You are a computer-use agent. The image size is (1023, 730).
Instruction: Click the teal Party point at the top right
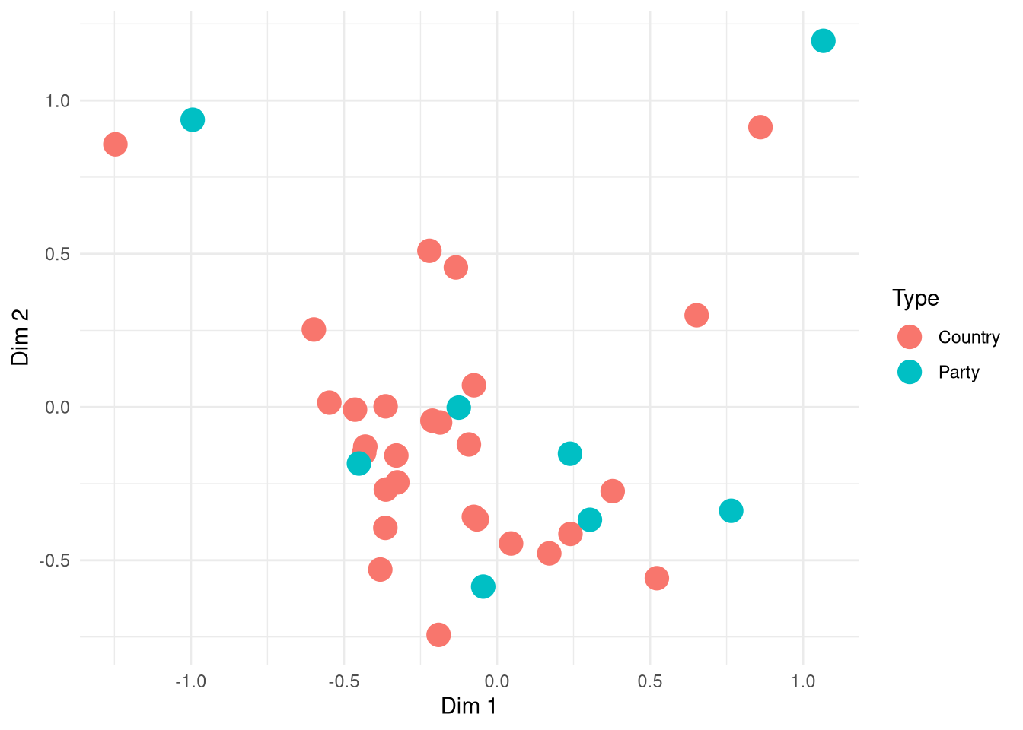[x=823, y=40]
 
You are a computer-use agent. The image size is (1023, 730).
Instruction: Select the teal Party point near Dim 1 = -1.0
[x=193, y=119]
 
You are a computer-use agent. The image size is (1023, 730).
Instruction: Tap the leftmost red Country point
[x=115, y=144]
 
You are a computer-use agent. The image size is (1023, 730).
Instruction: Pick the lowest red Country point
[x=438, y=634]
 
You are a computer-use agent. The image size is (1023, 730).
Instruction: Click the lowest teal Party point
[x=483, y=586]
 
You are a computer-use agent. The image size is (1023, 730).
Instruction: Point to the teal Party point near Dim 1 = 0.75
[x=731, y=511]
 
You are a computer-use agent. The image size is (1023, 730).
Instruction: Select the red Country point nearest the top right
[x=760, y=127]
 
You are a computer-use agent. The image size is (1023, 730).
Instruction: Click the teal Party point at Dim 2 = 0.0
[x=458, y=408]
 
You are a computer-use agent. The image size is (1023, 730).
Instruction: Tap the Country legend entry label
[x=968, y=337]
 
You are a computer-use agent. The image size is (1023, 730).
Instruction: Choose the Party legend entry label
[x=958, y=372]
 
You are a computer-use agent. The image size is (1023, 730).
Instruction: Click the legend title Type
[x=915, y=298]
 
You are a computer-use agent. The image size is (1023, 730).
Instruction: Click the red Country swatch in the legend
[x=910, y=337]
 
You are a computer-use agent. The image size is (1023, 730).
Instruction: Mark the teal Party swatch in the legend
[x=910, y=372]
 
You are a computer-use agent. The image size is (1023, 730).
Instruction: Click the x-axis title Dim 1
[x=468, y=706]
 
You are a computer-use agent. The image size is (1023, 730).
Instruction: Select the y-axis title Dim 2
[x=21, y=337]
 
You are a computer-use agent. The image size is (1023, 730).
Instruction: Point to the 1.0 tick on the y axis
[x=57, y=101]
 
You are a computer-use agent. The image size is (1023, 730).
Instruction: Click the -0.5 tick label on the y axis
[x=54, y=560]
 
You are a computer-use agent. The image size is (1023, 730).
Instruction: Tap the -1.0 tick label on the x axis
[x=190, y=681]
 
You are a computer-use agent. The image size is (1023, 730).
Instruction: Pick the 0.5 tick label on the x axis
[x=649, y=681]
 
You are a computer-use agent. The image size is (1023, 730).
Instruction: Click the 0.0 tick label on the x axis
[x=496, y=681]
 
